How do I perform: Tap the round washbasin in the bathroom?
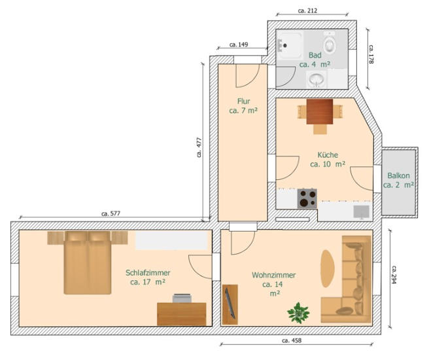point(317,79)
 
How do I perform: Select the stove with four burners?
point(307,199)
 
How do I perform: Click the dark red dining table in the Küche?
point(320,112)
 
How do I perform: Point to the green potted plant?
point(298,313)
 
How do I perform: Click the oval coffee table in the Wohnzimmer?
point(328,268)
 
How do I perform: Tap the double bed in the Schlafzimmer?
point(88,262)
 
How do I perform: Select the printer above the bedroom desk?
point(182,298)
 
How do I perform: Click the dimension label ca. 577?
point(111,213)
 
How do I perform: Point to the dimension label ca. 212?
point(307,10)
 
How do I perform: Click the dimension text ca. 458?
point(292,340)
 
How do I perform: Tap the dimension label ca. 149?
point(239,45)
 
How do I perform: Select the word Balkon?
point(399,175)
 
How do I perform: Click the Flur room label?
point(243,101)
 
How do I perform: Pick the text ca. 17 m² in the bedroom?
point(148,282)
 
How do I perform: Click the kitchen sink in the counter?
point(362,212)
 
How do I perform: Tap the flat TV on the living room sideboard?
point(230,303)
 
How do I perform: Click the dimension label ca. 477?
point(199,147)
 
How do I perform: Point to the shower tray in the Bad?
point(290,45)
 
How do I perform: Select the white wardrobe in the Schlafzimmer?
point(171,240)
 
